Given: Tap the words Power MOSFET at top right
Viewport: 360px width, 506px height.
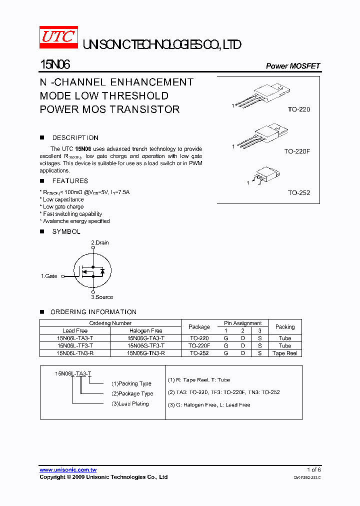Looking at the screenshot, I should click(x=292, y=66).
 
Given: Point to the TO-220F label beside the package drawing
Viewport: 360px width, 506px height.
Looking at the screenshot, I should click(x=297, y=150).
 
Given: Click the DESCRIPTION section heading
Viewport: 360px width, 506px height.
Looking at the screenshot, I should click(x=75, y=138).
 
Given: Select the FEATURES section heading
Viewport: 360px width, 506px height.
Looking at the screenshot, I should click(x=70, y=181).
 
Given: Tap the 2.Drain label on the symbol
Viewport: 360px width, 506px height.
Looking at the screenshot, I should click(x=99, y=242).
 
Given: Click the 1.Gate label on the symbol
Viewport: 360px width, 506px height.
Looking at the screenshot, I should click(x=49, y=276).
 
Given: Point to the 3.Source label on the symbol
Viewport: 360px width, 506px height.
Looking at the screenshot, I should click(x=101, y=297).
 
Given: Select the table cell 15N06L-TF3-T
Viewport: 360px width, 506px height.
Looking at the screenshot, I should click(x=75, y=345).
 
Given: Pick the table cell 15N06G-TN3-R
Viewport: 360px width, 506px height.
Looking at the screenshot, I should click(x=145, y=353).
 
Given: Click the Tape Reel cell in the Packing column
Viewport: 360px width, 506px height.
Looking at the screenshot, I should click(x=285, y=353).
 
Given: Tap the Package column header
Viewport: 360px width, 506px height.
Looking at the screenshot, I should click(x=199, y=327).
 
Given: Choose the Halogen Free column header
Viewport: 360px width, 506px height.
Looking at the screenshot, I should click(x=145, y=330).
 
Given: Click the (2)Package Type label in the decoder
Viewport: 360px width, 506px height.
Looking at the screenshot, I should click(x=132, y=393).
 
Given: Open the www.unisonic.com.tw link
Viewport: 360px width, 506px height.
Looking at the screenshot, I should click(x=68, y=470).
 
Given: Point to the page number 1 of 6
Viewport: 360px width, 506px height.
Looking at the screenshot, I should click(x=313, y=469).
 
